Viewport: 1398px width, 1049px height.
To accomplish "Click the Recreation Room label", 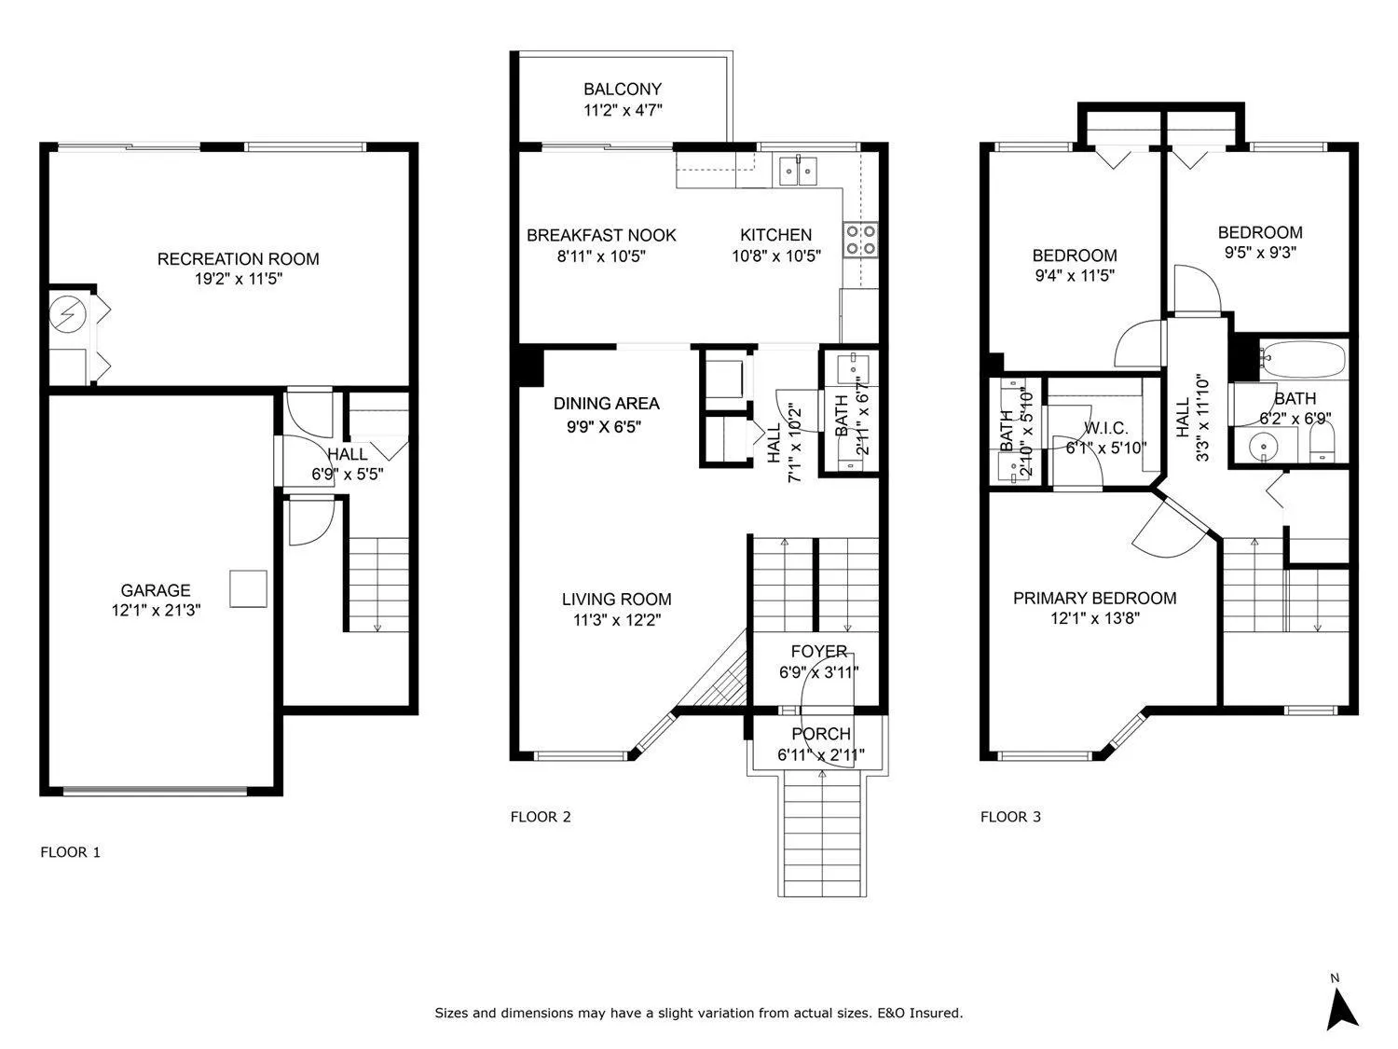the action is click(x=239, y=259).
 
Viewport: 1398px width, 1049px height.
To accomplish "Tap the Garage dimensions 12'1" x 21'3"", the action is click(x=156, y=610).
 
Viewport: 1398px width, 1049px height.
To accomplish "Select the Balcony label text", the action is click(x=623, y=90).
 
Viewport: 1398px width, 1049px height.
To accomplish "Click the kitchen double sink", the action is click(x=798, y=171).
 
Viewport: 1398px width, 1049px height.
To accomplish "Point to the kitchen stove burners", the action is click(x=860, y=240).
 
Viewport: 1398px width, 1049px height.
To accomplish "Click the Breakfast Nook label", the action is click(x=601, y=236).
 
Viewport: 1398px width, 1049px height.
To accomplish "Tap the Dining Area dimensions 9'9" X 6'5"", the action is click(x=604, y=426).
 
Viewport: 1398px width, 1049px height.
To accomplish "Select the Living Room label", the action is click(x=617, y=600).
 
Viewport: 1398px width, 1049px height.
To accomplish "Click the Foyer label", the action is click(x=819, y=652).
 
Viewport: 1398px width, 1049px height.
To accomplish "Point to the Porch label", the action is click(x=821, y=734).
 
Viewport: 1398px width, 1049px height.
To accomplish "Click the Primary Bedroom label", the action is click(x=1095, y=598).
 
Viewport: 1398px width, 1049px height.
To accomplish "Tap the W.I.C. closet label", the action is click(x=1106, y=428).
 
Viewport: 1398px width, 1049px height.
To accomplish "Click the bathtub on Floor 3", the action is click(x=1303, y=360).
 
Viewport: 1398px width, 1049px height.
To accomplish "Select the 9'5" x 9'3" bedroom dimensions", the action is click(x=1260, y=252).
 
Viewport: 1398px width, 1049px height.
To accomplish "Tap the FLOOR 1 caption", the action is click(x=71, y=852).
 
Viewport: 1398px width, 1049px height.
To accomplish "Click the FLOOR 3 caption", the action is click(x=1011, y=817).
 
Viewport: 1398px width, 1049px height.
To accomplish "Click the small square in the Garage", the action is click(x=249, y=588).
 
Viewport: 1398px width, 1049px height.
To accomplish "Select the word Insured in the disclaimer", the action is click(x=935, y=1013).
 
